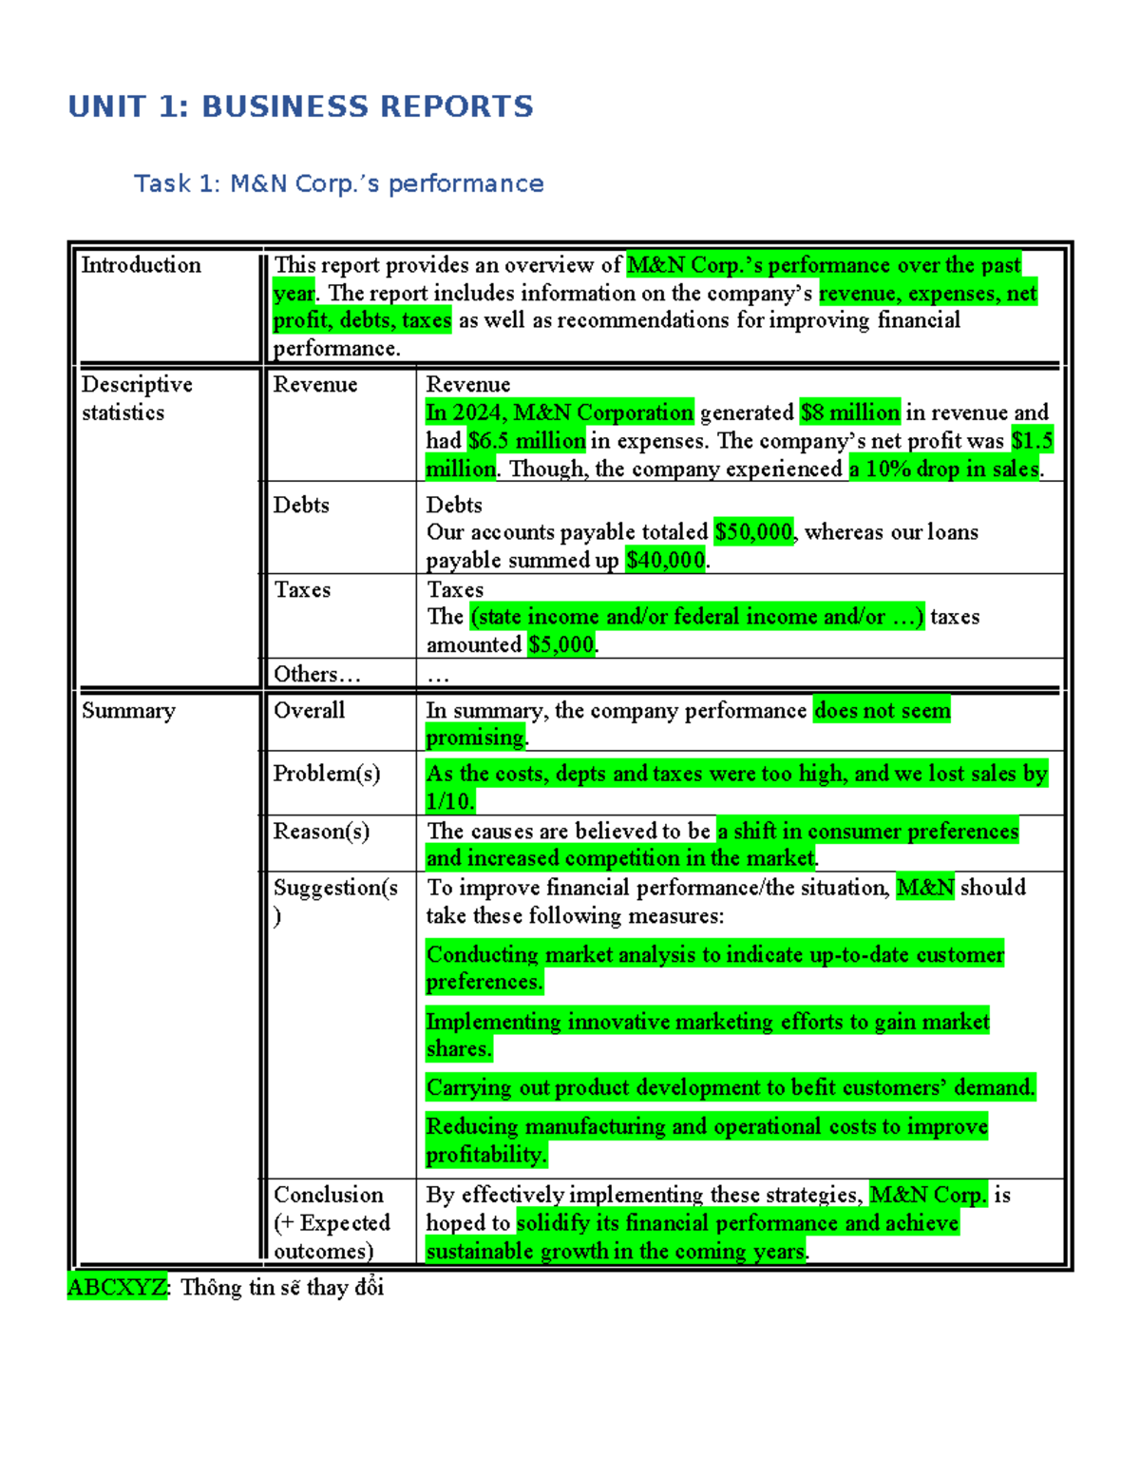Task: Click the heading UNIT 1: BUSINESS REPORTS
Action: (x=300, y=106)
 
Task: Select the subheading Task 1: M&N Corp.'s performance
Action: (x=338, y=183)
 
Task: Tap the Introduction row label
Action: (x=141, y=265)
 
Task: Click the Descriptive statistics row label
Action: (x=136, y=398)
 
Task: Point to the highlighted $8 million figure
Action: (x=849, y=412)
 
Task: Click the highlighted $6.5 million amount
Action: (x=526, y=441)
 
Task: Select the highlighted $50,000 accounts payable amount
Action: (x=753, y=532)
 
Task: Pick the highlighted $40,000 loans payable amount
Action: (x=665, y=561)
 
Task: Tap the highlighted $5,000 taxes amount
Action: (x=561, y=645)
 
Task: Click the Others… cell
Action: (x=316, y=674)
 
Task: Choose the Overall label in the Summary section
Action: (x=309, y=710)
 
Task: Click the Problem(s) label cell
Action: (x=327, y=774)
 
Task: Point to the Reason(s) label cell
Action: (x=321, y=832)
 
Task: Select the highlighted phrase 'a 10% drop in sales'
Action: (x=944, y=470)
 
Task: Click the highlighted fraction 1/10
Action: (x=448, y=801)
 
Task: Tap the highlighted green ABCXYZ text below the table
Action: (x=117, y=1287)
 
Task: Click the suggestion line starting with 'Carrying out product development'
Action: (x=730, y=1087)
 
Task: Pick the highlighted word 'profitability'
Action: (x=485, y=1155)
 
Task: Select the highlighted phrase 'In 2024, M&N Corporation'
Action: (x=560, y=412)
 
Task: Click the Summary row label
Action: (x=128, y=711)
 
